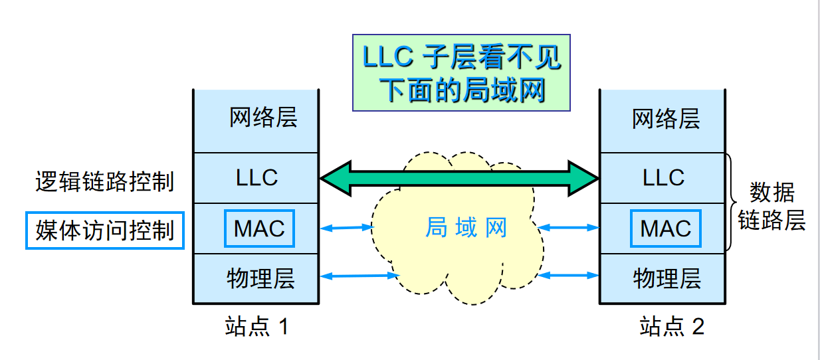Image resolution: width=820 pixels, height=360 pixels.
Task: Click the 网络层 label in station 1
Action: pos(263,118)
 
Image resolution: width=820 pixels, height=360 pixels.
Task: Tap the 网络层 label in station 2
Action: pos(666,118)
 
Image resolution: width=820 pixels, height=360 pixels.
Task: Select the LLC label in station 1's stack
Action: pos(256,178)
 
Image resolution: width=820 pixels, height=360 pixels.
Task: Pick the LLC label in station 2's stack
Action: pos(663,178)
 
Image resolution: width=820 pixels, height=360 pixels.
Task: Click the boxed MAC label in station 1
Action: pos(259,228)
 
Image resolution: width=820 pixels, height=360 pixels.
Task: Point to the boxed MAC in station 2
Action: pos(666,228)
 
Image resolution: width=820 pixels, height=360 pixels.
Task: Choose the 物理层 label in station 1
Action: pos(260,278)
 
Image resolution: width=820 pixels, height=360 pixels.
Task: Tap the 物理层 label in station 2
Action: pos(667,278)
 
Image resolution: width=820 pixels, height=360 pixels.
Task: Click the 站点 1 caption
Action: pos(257,326)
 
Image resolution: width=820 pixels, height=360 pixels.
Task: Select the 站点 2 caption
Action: pos(672,326)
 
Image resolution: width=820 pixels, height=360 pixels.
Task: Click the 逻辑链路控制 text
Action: pos(104,181)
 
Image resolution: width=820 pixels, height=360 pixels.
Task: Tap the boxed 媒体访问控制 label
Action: pos(105,230)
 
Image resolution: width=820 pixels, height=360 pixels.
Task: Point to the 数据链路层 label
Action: pos(771,206)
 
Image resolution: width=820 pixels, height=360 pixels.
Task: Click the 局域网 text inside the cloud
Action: pos(466,227)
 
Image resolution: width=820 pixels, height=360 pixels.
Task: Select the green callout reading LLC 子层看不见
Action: pos(461,73)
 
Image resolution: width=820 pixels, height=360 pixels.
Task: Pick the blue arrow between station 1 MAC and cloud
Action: pos(347,228)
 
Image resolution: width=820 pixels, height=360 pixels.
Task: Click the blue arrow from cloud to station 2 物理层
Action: pos(567,275)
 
